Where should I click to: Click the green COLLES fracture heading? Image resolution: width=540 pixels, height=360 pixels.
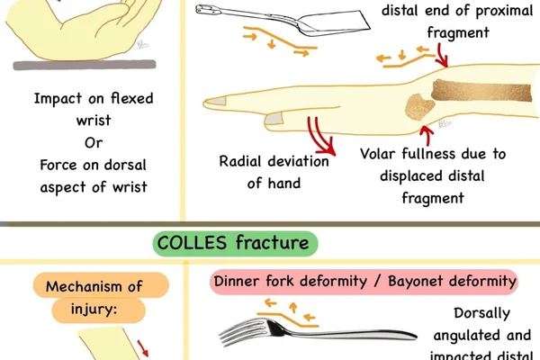(235, 244)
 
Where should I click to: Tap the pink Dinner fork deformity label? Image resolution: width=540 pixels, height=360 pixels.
(364, 282)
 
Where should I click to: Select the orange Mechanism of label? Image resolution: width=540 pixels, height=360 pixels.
(101, 285)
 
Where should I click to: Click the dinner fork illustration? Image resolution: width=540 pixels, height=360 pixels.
(318, 332)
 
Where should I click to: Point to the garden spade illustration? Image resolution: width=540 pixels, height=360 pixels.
(283, 21)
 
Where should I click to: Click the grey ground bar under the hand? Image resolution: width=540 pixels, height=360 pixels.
(85, 65)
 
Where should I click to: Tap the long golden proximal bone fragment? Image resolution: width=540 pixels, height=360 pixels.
(481, 90)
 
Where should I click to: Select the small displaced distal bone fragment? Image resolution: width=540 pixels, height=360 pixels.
(418, 107)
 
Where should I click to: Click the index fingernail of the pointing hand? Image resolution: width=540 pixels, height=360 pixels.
(217, 102)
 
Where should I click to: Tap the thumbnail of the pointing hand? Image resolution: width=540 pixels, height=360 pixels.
(274, 119)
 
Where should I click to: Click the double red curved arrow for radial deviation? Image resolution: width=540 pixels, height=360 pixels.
(321, 135)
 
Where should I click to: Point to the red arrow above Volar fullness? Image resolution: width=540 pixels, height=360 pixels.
(427, 135)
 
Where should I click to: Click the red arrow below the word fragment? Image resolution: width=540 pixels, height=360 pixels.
(442, 56)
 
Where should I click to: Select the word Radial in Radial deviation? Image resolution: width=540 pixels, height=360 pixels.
(241, 161)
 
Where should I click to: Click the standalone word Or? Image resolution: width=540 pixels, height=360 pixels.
(94, 142)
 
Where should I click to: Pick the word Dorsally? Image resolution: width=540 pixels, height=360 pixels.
(481, 314)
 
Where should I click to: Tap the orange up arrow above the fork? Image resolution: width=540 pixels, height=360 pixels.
(292, 307)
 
